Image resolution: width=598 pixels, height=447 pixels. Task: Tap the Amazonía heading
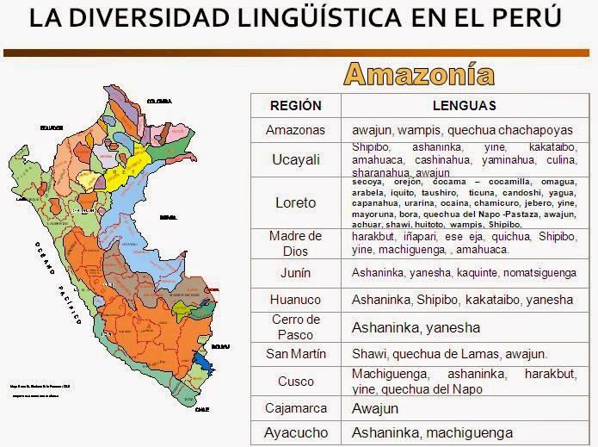coord(419,75)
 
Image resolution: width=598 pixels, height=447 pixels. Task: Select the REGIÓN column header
coord(295,106)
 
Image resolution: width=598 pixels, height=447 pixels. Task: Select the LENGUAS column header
coord(464,106)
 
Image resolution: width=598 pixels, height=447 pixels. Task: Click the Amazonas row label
coord(295,130)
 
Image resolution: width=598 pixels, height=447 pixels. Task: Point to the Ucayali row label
coord(295,159)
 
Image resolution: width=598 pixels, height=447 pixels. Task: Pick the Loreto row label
coord(295,202)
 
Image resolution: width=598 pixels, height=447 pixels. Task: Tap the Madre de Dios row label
coord(295,243)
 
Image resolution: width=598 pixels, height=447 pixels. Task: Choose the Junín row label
coord(295,273)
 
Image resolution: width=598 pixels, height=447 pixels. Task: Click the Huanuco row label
coord(295,300)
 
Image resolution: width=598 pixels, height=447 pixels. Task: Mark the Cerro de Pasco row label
coord(295,326)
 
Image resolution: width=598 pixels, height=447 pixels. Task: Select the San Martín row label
coord(295,354)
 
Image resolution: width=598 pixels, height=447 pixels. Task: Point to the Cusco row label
coord(295,381)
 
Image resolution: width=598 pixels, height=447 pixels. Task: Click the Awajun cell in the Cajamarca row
coord(375,408)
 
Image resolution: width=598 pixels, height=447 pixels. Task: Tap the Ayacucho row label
coord(295,432)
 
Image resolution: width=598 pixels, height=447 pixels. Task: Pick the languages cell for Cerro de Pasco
coord(416,327)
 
